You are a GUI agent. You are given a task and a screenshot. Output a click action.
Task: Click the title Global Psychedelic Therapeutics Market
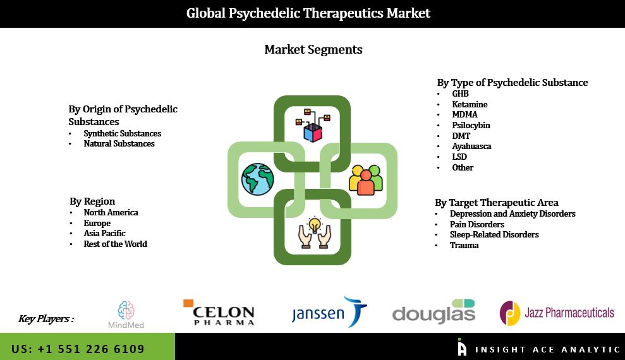coord(308,13)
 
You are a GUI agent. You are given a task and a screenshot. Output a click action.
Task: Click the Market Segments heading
coord(313,49)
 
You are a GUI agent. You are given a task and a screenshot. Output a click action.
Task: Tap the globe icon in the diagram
coord(257,179)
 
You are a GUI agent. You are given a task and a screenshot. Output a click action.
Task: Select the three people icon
coord(366,179)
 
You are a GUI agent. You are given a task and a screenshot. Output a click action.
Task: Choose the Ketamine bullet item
coord(470,104)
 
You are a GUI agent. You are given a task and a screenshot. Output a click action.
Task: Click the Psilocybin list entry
coord(471,125)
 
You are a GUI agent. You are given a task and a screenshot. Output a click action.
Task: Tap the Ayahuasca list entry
coord(471,147)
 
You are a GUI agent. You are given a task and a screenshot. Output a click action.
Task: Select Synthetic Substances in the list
coord(122,133)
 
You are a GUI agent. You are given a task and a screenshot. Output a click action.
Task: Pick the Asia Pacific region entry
coord(104,234)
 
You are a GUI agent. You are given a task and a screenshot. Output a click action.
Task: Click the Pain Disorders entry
coord(476,224)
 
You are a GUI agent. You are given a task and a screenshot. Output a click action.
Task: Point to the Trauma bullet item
coord(464,245)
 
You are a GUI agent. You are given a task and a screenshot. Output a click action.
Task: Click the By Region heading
coord(92,201)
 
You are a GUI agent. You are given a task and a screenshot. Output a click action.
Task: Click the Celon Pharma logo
coord(219,313)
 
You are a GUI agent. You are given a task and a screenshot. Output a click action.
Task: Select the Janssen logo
coord(329,313)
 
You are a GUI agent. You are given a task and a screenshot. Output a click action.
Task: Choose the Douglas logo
coord(434,312)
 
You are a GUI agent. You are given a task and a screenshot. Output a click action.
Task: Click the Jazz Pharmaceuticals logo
coord(557,313)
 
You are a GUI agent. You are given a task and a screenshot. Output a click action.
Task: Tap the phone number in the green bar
coord(78,349)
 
